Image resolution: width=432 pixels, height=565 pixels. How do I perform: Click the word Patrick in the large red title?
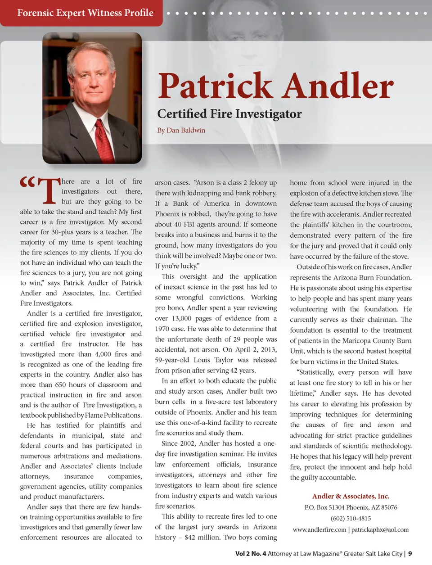click(x=215, y=86)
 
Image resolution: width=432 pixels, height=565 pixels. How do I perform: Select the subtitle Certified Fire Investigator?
click(x=229, y=114)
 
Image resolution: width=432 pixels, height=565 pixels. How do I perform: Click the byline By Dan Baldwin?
click(x=181, y=130)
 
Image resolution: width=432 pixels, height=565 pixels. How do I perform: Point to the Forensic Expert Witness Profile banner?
click(x=85, y=13)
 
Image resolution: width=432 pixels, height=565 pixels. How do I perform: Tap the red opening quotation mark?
click(x=27, y=182)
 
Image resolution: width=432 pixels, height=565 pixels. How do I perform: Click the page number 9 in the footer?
click(x=410, y=553)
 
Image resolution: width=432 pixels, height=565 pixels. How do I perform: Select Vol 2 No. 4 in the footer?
click(x=251, y=553)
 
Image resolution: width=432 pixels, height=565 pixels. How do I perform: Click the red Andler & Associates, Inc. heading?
click(x=351, y=496)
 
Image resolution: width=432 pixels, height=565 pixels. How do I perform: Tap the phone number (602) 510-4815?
click(x=351, y=518)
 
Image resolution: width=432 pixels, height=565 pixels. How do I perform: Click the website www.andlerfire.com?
click(x=319, y=529)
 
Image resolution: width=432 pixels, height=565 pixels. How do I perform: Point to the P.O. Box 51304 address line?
click(x=351, y=507)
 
